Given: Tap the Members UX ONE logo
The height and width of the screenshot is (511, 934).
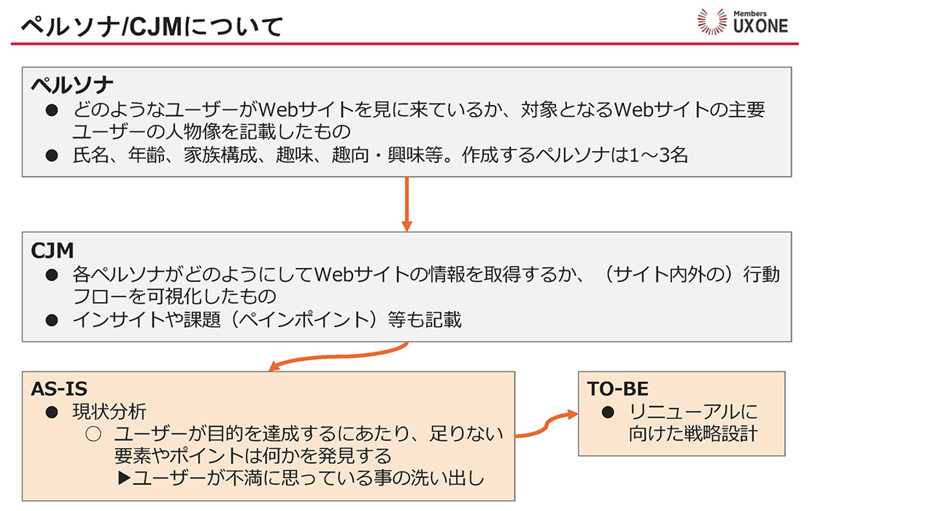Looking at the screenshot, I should (742, 21).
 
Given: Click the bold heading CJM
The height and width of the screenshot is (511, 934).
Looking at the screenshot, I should (53, 250).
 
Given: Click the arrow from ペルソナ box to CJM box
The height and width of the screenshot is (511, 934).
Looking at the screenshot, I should (407, 204).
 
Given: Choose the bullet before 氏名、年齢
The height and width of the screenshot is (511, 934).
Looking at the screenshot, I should (52, 156).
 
